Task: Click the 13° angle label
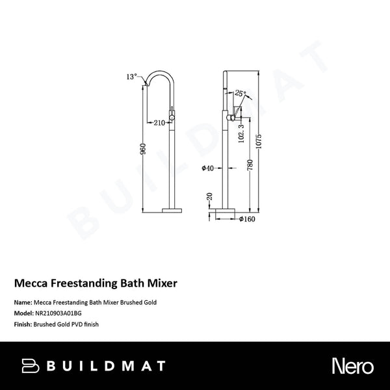pyautogui.click(x=132, y=77)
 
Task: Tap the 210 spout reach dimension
pyautogui.click(x=158, y=122)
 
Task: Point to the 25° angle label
pyautogui.click(x=240, y=94)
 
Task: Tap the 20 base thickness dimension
pyautogui.click(x=209, y=196)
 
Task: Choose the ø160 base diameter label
pyautogui.click(x=246, y=220)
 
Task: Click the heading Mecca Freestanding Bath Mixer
pyautogui.click(x=96, y=283)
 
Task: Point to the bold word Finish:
pyautogui.click(x=24, y=323)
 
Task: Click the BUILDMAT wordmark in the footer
pyautogui.click(x=106, y=366)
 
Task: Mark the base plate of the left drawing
pyautogui.click(x=172, y=210)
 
